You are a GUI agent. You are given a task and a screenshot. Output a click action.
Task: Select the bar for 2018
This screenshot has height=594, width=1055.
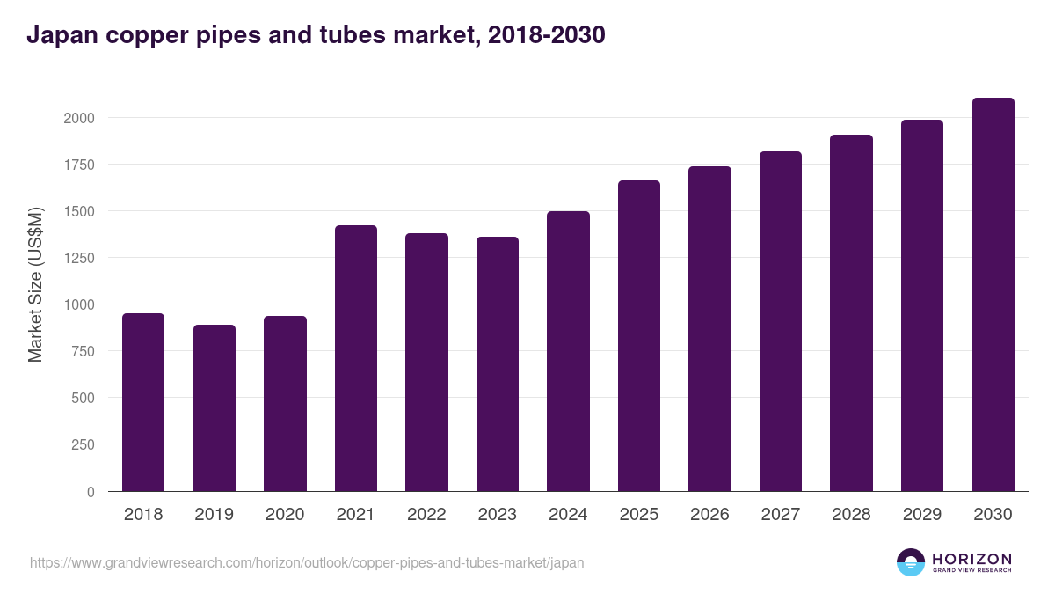point(143,402)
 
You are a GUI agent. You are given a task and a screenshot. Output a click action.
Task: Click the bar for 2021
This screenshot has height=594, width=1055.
point(356,358)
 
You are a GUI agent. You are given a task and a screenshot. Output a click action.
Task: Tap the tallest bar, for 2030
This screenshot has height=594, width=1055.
point(993,295)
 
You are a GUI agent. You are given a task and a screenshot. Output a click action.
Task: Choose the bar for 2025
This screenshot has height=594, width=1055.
point(639,335)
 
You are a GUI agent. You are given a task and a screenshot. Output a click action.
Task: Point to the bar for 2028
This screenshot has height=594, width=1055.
point(851,312)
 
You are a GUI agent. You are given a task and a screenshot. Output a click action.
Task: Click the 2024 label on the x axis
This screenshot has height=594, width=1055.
point(568,515)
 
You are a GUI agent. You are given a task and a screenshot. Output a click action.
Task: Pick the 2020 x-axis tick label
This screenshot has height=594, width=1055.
point(285,515)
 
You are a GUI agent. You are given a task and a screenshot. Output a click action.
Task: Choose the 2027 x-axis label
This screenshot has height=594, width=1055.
point(781,515)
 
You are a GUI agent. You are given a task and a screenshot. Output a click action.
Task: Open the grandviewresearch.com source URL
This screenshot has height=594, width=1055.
point(307,562)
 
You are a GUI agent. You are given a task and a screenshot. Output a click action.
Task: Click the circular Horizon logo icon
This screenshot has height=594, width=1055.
point(911,562)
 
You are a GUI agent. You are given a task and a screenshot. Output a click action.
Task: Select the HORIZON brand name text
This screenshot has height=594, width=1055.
point(971,559)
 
